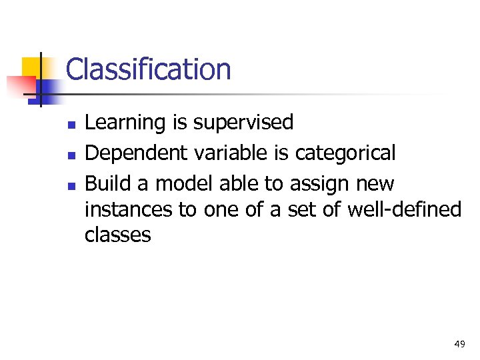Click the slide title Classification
tap(148, 69)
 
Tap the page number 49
tap(459, 344)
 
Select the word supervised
tap(243, 123)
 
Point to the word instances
tap(128, 209)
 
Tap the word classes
tap(118, 235)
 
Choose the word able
tap(238, 183)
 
